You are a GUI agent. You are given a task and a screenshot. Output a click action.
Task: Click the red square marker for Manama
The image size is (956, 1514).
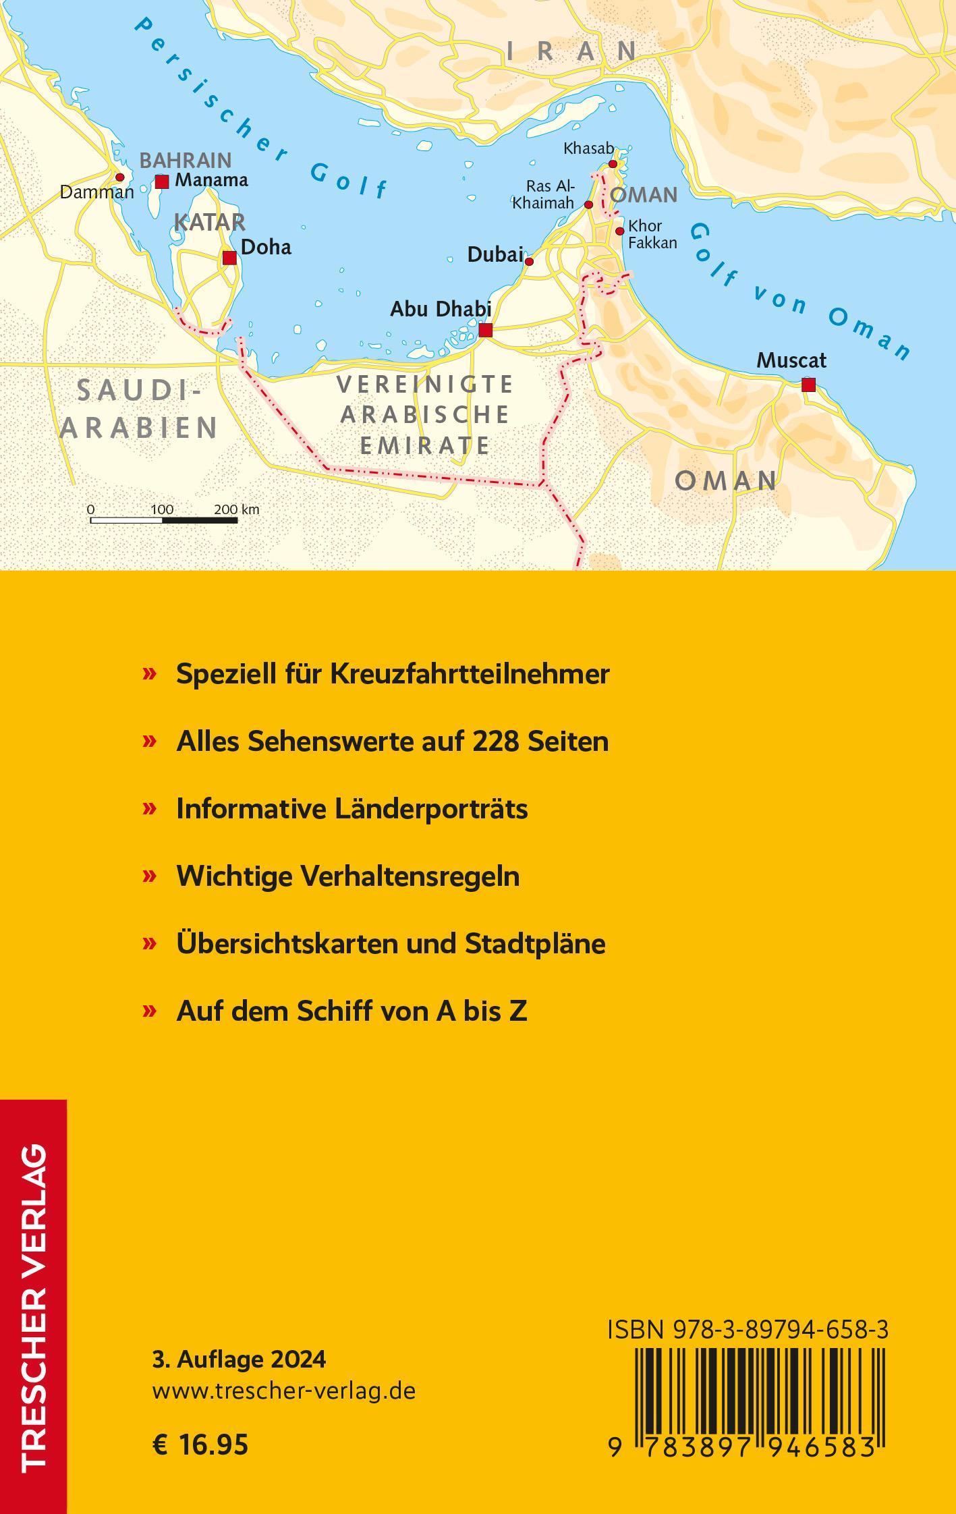pos(162,181)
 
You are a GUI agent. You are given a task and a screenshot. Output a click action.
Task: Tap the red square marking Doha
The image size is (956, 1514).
pos(229,258)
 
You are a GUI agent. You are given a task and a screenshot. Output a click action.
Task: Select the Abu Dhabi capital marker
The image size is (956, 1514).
pos(485,331)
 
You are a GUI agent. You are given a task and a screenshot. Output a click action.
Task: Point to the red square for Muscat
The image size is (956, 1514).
pos(808,385)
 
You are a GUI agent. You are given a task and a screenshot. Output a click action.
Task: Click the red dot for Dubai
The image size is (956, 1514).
pos(529,262)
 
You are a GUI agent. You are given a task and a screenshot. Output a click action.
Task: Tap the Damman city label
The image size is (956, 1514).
pos(96,192)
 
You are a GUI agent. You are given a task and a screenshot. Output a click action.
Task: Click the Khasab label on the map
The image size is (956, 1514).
pos(588,148)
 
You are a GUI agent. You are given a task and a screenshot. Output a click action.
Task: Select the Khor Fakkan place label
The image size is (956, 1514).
pos(652,234)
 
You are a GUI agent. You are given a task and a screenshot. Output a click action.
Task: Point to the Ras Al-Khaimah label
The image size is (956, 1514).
pos(543,194)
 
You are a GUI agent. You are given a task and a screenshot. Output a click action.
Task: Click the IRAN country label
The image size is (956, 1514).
pos(571,51)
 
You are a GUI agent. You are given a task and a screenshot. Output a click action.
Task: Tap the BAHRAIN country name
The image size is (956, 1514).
pos(185,161)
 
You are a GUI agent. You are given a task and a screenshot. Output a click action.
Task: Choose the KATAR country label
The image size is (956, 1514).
pos(209,222)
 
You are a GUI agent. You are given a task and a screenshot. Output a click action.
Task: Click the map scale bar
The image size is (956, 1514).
pos(165,520)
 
